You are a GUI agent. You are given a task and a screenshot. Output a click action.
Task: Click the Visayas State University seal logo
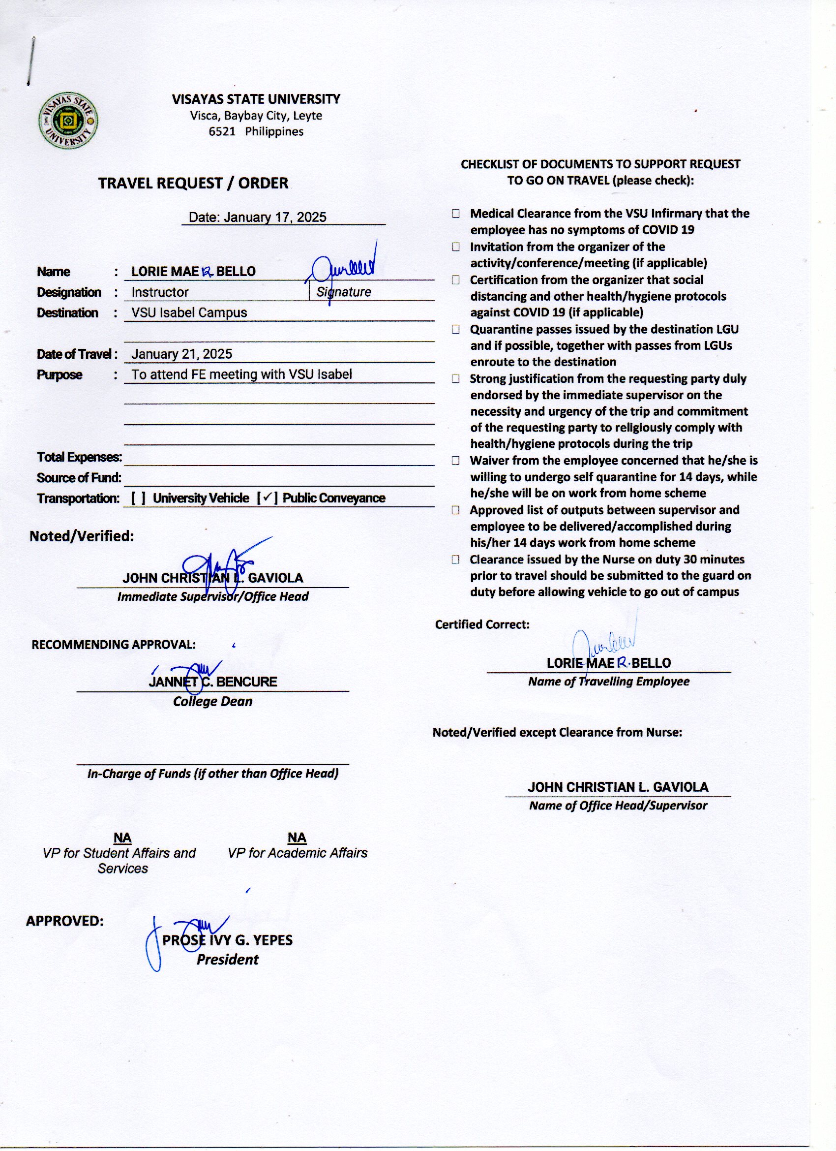68,121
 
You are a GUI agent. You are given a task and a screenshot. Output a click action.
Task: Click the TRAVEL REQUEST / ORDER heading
193,183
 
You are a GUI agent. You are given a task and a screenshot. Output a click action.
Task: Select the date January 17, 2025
257,217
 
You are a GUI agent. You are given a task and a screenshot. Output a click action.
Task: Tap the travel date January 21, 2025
181,354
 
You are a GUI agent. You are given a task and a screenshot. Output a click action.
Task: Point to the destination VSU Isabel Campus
189,312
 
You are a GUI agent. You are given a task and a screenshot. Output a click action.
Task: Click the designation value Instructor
160,292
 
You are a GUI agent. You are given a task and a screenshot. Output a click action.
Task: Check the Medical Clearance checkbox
456,214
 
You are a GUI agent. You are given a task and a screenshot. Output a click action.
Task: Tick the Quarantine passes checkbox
456,329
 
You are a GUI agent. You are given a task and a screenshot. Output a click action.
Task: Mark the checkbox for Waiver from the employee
456,461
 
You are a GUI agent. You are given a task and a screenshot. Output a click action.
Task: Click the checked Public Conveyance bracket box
267,498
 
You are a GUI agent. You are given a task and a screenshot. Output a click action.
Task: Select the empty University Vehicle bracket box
139,498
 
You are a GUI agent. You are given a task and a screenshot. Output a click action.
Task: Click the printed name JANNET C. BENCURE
213,682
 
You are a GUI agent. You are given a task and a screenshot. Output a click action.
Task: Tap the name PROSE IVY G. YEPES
227,940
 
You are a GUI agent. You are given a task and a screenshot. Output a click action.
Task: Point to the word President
227,960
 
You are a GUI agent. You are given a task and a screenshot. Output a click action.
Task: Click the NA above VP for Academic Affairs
297,838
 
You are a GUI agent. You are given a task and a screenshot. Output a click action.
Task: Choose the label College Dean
212,701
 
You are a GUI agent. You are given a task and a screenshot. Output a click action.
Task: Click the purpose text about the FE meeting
241,374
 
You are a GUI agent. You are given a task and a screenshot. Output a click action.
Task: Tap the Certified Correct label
482,624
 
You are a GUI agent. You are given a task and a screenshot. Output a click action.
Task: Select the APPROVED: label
65,921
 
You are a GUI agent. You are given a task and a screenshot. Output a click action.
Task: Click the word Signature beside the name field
343,292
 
